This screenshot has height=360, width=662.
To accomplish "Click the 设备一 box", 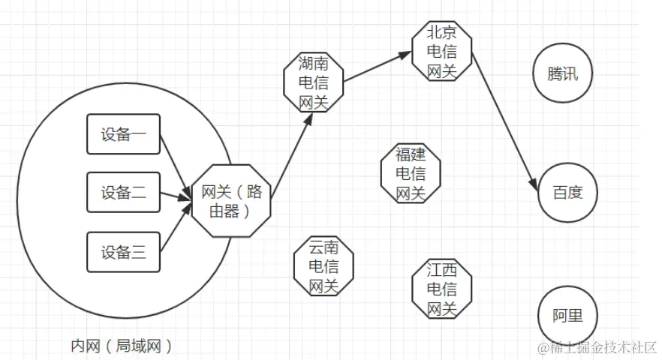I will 123,135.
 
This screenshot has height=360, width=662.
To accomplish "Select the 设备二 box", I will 123,193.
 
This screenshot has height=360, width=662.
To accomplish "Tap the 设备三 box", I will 123,252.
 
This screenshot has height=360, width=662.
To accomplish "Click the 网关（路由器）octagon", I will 232,200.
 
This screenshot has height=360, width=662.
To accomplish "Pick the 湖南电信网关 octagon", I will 314,82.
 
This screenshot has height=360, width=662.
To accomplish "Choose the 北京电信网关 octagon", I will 442,51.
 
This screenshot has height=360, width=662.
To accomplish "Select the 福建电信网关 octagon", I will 410,174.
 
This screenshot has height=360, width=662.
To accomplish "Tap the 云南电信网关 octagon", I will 323,266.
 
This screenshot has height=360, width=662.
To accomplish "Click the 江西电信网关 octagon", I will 442,289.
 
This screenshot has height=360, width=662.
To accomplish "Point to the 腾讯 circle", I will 562,74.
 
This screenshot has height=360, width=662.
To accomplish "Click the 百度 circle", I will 567,193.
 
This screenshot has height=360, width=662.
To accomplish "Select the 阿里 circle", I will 567,316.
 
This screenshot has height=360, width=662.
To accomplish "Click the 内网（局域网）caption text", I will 122,346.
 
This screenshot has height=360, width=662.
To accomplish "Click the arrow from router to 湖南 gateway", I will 291,157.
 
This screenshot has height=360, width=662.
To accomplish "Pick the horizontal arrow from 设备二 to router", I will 176,196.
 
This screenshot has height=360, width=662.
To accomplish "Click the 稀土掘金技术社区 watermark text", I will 597,347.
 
